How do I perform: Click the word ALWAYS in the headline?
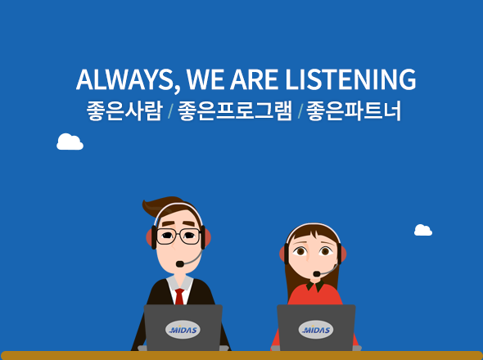[x=124, y=79]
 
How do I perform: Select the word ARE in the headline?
[x=254, y=79]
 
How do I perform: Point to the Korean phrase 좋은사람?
[x=124, y=111]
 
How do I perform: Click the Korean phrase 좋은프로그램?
[x=235, y=111]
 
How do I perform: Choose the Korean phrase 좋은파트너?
[x=354, y=111]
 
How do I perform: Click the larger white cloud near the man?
[x=70, y=142]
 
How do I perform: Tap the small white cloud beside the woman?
[x=423, y=231]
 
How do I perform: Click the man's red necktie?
[x=179, y=296]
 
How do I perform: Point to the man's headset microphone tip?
[x=179, y=264]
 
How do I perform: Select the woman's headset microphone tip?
[x=316, y=273]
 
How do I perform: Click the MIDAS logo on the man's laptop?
[x=183, y=330]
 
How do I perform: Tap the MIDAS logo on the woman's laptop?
[x=316, y=330]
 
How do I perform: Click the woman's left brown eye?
[x=300, y=251]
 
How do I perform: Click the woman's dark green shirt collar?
[x=315, y=286]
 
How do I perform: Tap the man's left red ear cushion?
[x=150, y=237]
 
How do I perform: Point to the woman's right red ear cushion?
[x=344, y=254]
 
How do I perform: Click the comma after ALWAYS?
[x=177, y=90]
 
